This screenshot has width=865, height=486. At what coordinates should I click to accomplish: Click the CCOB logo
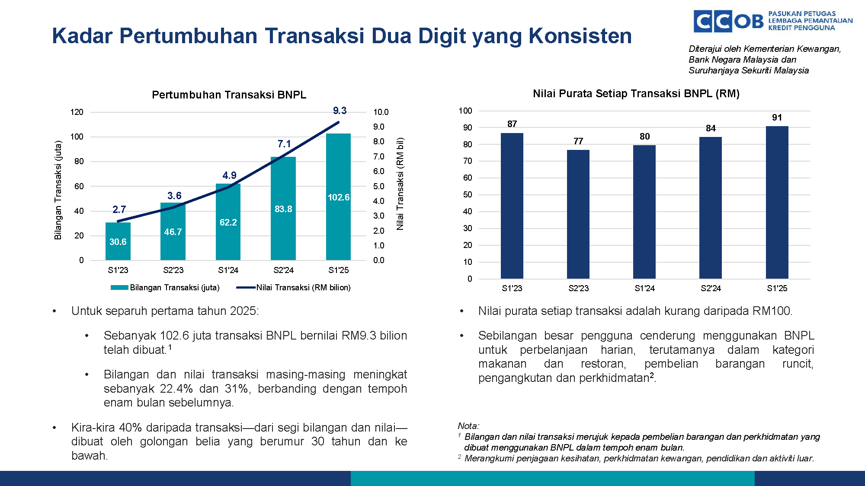[729, 21]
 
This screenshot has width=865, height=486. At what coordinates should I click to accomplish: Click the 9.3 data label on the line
[340, 111]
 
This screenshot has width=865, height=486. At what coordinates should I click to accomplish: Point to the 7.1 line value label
[284, 144]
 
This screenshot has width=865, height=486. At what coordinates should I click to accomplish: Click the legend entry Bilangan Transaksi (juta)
[165, 288]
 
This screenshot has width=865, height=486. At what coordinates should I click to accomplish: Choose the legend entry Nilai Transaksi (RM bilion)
[294, 288]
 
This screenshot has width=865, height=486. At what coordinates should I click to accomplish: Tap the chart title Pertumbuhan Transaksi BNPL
[229, 95]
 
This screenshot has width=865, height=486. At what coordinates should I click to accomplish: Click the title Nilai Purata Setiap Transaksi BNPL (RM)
[636, 94]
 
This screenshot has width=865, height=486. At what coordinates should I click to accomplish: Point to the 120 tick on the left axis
[77, 112]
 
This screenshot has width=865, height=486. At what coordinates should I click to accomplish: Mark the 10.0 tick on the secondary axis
[381, 112]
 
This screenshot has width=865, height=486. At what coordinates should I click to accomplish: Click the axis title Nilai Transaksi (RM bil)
[400, 184]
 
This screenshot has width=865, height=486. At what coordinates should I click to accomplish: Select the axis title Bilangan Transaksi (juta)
[58, 190]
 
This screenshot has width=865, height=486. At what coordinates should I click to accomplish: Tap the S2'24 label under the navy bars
[711, 288]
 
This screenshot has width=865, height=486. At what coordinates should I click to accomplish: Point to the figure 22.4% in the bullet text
[176, 388]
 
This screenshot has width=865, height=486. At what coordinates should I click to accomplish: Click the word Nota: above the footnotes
[468, 426]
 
